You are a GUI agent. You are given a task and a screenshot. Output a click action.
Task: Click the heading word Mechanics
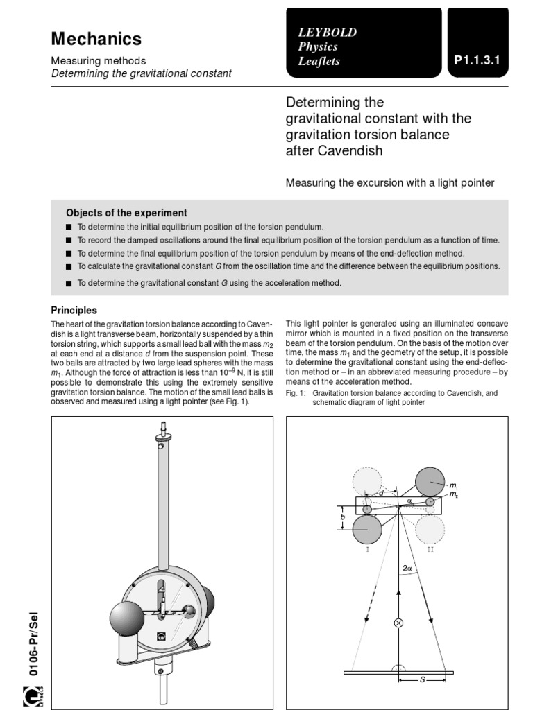(96, 40)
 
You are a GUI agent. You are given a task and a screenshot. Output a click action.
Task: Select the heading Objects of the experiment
(126, 213)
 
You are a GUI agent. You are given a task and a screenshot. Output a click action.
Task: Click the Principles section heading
(74, 311)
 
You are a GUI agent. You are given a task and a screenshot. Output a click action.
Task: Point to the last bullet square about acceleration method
(69, 284)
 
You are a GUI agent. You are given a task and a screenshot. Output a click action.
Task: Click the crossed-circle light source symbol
(398, 623)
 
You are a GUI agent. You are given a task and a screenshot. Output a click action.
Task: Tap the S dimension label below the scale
(422, 680)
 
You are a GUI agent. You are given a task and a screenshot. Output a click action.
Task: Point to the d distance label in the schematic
(381, 493)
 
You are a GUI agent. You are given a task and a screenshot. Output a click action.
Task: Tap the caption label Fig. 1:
(296, 392)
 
